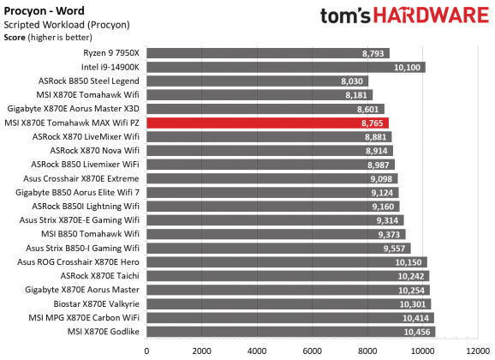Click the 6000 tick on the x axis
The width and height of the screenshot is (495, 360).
(x=312, y=350)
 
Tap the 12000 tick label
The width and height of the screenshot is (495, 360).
(x=476, y=350)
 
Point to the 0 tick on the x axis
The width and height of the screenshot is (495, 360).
(x=147, y=350)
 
